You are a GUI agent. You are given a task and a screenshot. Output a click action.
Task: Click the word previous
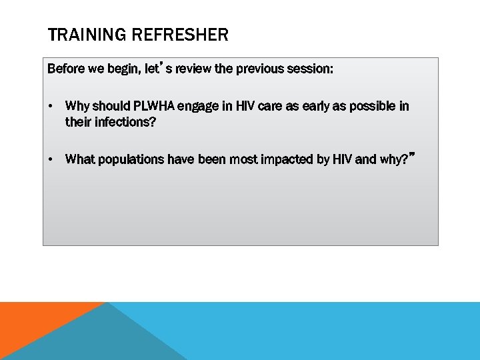257,69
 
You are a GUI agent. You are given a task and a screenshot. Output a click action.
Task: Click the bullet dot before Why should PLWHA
51,107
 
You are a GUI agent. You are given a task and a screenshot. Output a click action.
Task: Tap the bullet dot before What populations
51,159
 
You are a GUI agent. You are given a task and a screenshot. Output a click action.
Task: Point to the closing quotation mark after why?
413,153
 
